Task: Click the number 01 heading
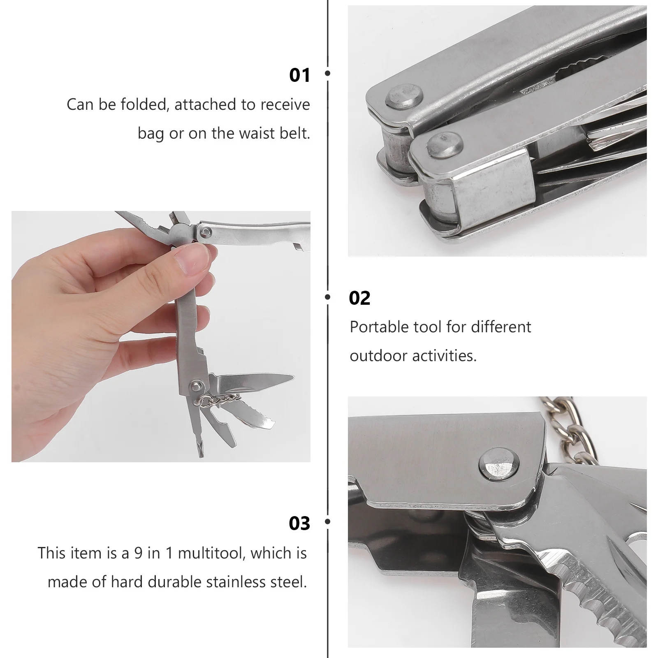(x=299, y=76)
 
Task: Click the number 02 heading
(x=359, y=298)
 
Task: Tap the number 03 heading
(x=299, y=524)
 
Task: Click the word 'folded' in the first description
(x=144, y=104)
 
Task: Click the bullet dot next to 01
(x=328, y=73)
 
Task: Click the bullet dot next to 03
(x=328, y=521)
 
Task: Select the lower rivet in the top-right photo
(x=445, y=144)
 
